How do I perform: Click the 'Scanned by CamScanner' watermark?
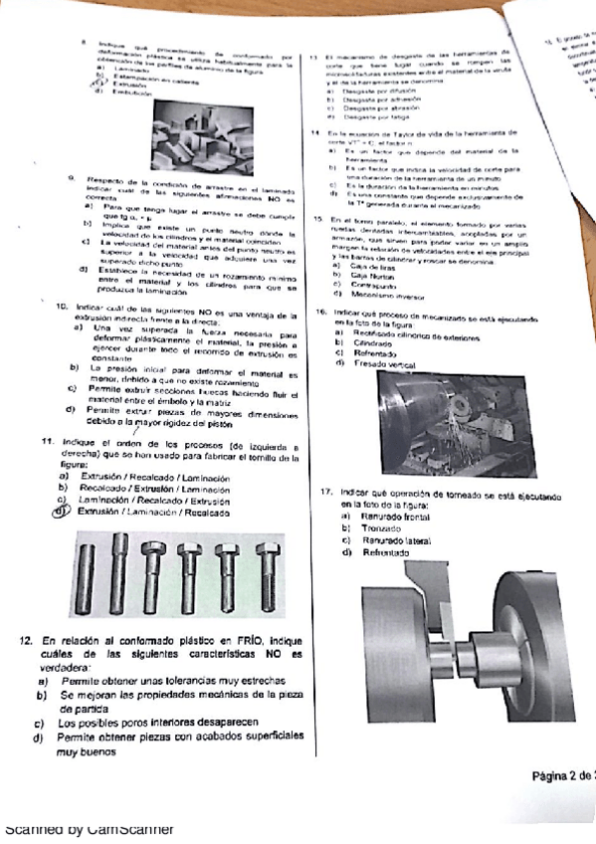point(90,829)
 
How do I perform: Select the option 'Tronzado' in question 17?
point(372,528)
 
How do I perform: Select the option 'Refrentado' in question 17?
point(374,552)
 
